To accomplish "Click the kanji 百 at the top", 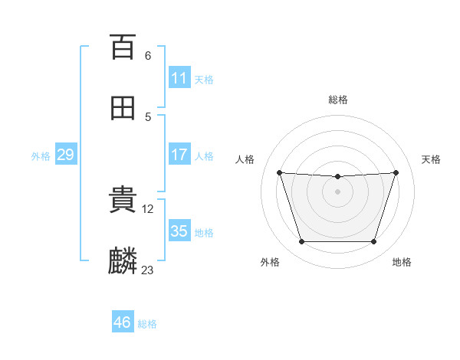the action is (123, 47).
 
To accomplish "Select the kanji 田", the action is (123, 108).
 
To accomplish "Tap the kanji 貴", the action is (123, 199).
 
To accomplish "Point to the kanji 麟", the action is (123, 260).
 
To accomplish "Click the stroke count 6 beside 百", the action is (148, 56).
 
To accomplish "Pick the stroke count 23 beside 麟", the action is (147, 270).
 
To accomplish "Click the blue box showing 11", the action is (179, 77).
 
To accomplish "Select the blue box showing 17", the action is (179, 154).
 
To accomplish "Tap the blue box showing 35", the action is (179, 230).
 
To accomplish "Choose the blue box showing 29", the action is (66, 154).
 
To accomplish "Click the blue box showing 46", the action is (123, 321).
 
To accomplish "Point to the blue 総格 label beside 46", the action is (147, 324).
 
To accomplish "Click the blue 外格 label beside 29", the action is (41, 156).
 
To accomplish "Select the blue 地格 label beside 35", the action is (204, 233).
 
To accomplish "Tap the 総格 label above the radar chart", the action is (338, 100).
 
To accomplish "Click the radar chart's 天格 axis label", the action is (431, 159).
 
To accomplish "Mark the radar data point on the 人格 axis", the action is (280, 172).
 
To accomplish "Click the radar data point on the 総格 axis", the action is (337, 176).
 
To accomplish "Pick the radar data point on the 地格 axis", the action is (373, 241).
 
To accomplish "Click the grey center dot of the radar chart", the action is (337, 191).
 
